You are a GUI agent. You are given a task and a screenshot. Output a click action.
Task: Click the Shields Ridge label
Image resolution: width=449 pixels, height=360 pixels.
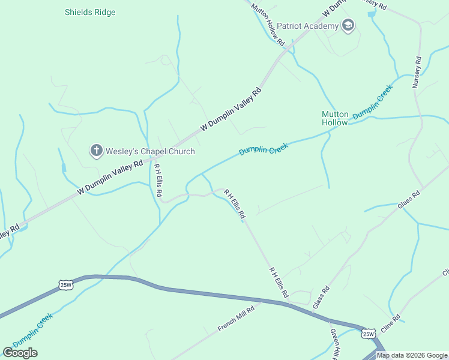[90, 12]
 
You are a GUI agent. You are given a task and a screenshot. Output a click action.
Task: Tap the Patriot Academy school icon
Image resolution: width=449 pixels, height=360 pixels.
[348, 25]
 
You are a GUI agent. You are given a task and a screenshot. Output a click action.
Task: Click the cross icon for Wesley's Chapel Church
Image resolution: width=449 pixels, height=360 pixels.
[96, 151]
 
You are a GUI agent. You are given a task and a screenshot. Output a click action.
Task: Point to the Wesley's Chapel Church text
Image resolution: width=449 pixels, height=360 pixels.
[151, 151]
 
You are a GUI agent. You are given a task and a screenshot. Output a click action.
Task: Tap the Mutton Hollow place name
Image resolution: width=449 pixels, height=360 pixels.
[335, 118]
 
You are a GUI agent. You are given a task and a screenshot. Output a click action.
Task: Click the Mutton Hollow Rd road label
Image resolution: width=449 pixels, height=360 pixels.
[268, 25]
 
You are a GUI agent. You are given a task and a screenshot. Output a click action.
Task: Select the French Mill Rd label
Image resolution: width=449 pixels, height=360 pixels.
[236, 318]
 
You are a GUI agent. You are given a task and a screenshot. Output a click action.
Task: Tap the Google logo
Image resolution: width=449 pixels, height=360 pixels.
[20, 352]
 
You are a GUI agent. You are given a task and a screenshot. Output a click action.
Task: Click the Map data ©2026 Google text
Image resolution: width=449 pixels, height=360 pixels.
[412, 355]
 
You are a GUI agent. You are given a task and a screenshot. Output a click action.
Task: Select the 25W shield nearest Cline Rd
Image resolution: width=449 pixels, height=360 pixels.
[368, 332]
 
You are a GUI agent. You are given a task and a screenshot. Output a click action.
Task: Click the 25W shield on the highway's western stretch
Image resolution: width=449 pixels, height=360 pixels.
[66, 285]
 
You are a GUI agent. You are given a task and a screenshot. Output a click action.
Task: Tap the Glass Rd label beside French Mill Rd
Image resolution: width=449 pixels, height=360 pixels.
[321, 298]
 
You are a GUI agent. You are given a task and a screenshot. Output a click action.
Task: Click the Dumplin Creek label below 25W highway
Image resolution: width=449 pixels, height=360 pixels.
[33, 330]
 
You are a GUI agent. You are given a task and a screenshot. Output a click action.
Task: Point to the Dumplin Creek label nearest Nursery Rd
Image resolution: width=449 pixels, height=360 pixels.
[373, 101]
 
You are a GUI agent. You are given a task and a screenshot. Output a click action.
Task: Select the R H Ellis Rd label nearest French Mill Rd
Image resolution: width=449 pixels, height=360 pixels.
[279, 283]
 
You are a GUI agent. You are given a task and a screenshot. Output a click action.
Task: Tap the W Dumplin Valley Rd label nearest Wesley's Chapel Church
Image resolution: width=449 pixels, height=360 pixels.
[110, 178]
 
